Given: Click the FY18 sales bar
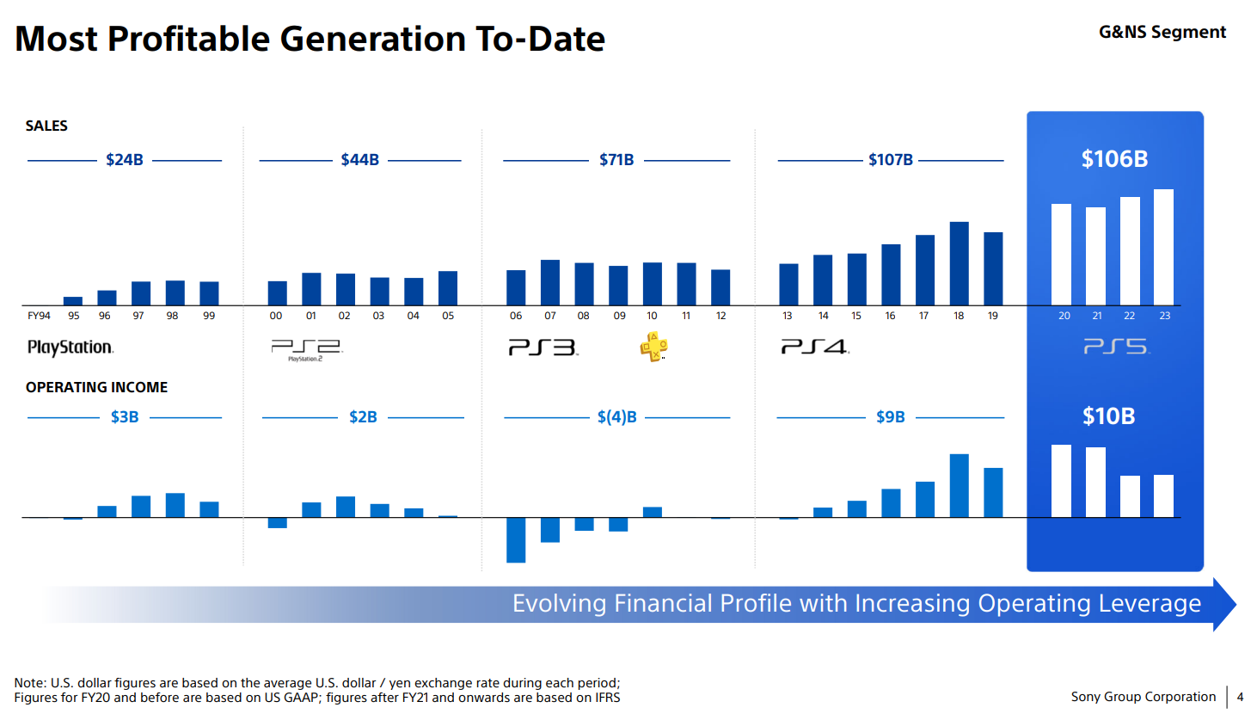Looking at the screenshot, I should [959, 263].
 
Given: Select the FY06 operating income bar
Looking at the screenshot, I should [516, 540].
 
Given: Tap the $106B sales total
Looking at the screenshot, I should [1114, 159].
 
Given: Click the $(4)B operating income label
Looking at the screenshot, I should [617, 417].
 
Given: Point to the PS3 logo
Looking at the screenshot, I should [543, 348].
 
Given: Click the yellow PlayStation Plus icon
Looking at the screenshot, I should [653, 347].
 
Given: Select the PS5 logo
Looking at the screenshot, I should [1116, 347].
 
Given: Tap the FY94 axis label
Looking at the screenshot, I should [39, 316].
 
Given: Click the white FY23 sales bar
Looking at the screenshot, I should [1163, 247].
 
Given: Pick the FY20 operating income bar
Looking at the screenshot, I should [1061, 481].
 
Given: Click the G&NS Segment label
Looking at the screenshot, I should [1162, 32].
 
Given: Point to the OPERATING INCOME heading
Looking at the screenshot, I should [96, 387].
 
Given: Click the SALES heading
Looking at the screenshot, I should [46, 126].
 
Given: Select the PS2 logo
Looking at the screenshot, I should [306, 348].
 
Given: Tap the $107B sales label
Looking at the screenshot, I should [890, 160].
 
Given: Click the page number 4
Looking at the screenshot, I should [1240, 697].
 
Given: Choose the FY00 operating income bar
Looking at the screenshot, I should [277, 523].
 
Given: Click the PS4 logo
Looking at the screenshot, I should [814, 347].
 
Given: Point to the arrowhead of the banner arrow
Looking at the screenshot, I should [1224, 605].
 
